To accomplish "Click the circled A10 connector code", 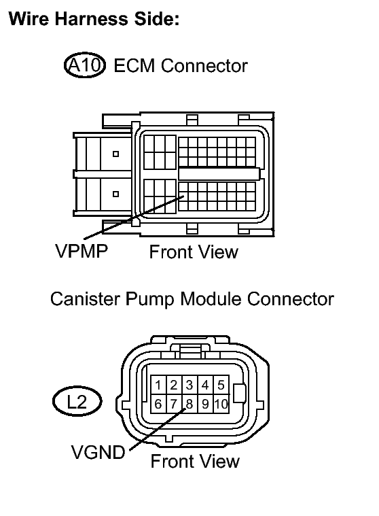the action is (85, 65).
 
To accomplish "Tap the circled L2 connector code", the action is (77, 402).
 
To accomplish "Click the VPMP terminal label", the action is (82, 251).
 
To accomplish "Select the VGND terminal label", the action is (98, 452).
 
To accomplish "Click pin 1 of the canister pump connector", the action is (158, 385).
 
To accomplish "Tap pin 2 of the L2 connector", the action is (174, 385).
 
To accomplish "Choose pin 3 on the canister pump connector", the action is (189, 385).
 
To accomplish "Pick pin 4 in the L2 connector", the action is (205, 385).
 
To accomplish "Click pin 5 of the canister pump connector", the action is (221, 385).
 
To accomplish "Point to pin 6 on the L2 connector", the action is (158, 404).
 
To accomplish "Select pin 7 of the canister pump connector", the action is (174, 404).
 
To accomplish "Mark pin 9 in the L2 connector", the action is (205, 404).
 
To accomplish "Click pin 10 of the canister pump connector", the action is (221, 404).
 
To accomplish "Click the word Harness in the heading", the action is (92, 18).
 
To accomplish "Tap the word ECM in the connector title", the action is (134, 65).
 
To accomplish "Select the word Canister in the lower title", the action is (85, 299).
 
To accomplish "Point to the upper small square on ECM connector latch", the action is (115, 154).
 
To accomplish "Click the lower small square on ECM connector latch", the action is (115, 194).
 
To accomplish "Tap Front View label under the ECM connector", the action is (194, 252).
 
